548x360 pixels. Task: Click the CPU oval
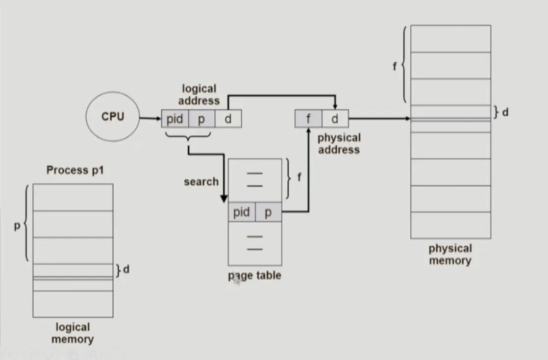[113, 117]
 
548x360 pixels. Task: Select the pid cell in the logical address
[175, 119]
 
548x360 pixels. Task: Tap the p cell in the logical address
[201, 119]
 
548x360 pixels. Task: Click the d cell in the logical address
[228, 119]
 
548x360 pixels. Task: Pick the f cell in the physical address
[308, 119]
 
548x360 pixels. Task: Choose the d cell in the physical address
[335, 119]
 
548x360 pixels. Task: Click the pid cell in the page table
[242, 212]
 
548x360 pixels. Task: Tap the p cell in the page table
[268, 212]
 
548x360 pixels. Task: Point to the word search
[201, 181]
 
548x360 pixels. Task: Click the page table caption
[255, 276]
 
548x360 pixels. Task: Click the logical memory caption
[73, 333]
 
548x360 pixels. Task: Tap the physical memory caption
[450, 254]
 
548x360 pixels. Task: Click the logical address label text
[199, 95]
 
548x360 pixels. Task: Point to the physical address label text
[339, 144]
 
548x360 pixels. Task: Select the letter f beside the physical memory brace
[395, 66]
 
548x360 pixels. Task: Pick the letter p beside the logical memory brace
[17, 227]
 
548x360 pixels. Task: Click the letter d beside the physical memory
[505, 112]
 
